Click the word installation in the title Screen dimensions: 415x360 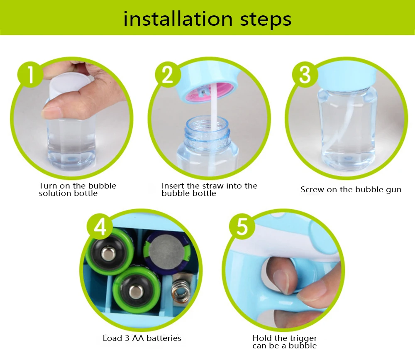coord(178,19)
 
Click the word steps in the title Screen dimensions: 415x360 coord(266,20)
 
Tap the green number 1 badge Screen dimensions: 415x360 coord(30,74)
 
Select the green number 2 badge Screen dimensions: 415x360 coord(168,74)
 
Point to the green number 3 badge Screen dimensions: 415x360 coord(305,74)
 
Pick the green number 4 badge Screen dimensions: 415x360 coord(100,227)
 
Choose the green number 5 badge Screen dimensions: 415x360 coord(242,227)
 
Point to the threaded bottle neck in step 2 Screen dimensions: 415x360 coord(207,131)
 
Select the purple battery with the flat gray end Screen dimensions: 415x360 coord(167,251)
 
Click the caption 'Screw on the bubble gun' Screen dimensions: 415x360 coord(351,190)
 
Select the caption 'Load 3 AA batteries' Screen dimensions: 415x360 coord(142,338)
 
